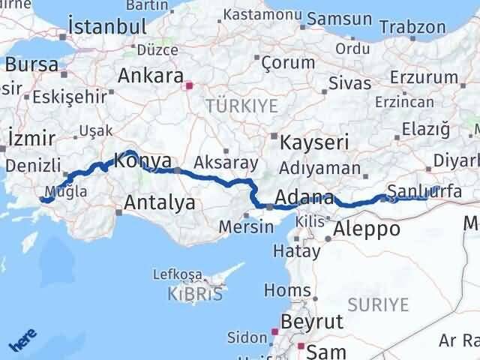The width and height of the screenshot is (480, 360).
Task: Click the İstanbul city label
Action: [106, 26]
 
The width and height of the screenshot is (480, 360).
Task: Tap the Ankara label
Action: [151, 76]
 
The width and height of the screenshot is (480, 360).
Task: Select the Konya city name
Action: [142, 160]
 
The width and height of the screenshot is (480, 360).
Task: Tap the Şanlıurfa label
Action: [424, 191]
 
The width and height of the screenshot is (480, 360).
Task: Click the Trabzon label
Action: [412, 27]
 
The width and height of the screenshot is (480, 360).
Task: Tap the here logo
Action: [23, 342]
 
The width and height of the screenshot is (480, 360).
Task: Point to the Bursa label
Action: [31, 64]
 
